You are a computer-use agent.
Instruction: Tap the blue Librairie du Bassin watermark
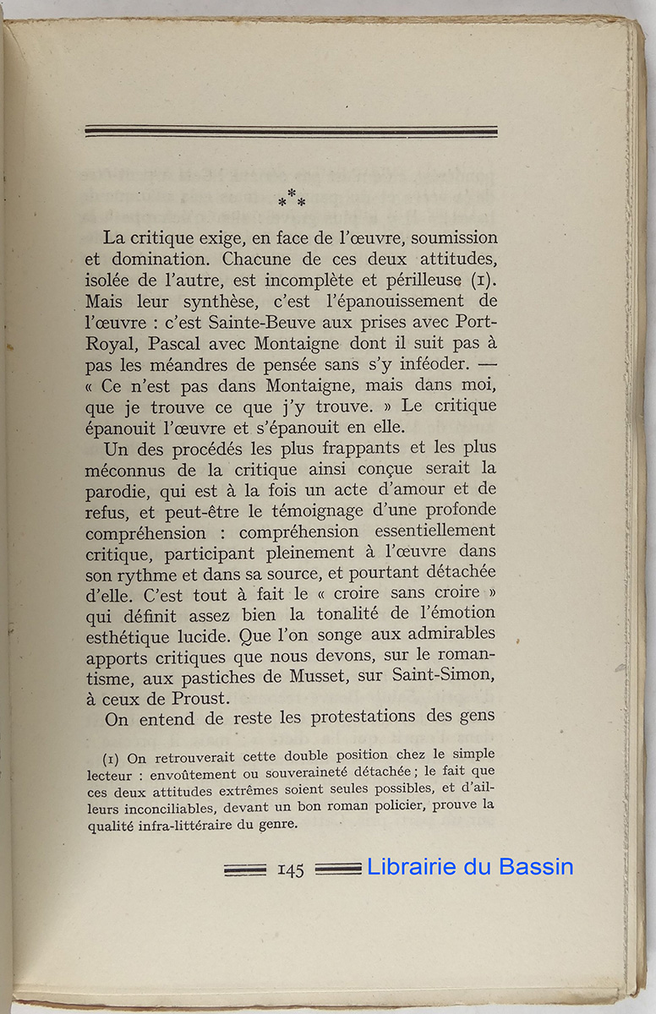470,867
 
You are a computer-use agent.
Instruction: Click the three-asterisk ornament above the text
292,199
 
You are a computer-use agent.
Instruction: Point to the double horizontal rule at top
291,131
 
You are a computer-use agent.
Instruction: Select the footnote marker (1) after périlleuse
482,279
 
